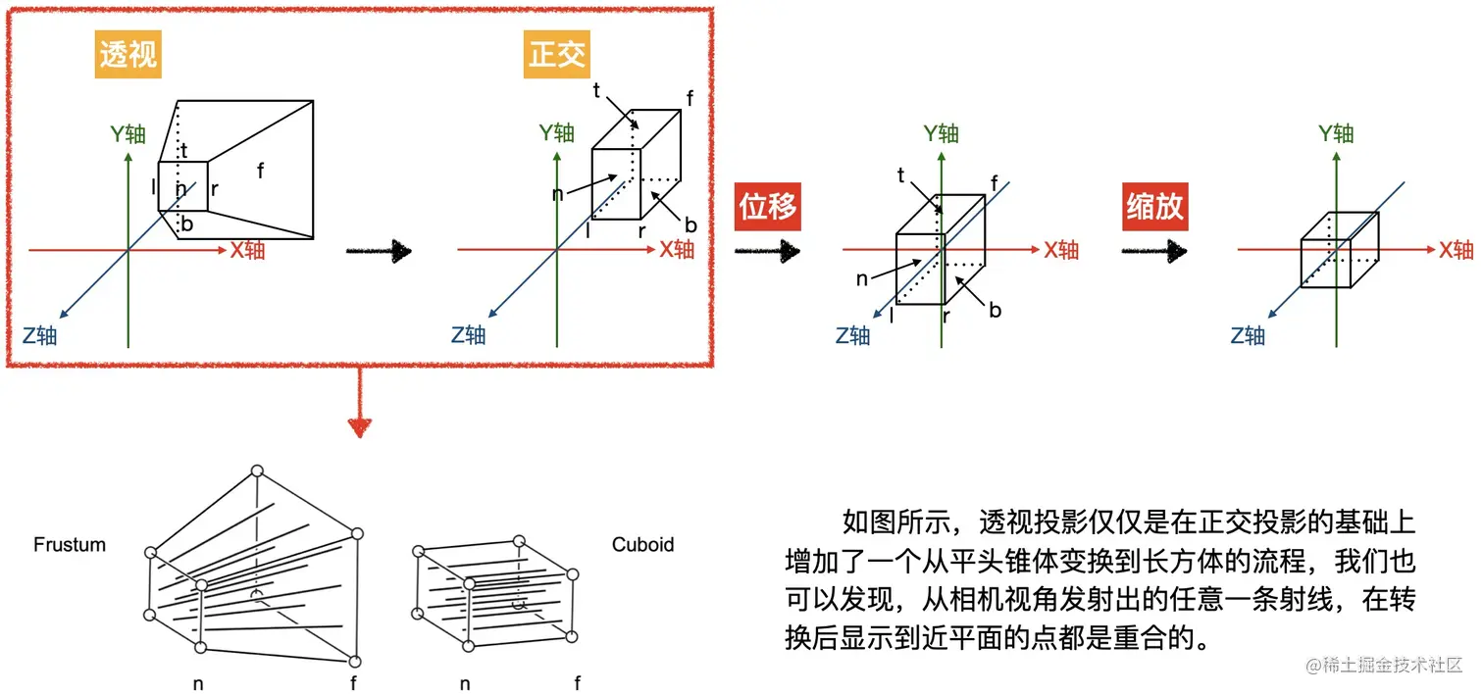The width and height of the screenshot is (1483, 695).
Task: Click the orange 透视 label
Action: pos(128,56)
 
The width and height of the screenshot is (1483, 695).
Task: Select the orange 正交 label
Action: pos(556,56)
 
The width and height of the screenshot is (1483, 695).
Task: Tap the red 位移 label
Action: pos(768,208)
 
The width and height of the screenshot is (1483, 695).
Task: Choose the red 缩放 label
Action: pos(1154,208)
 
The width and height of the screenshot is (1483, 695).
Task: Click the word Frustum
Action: pos(69,545)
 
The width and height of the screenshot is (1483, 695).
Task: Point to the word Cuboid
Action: pos(642,545)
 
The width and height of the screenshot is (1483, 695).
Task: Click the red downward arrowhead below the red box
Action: pos(360,426)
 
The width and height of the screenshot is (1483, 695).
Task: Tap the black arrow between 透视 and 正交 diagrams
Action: pos(378,251)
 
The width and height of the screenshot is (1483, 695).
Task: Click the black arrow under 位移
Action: pos(768,252)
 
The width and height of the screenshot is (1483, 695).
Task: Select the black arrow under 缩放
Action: pos(1154,252)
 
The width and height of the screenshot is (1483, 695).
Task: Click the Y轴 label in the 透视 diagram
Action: pos(128,134)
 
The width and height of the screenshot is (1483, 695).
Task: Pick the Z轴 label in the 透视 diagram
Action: pos(39,336)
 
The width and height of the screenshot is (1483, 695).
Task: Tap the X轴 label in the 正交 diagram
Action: pos(676,249)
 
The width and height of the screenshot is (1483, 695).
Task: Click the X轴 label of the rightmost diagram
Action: pos(1456,249)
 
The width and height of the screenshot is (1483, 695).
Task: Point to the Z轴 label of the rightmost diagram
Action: pos(1248,336)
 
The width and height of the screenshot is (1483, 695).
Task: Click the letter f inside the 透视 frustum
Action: pos(260,170)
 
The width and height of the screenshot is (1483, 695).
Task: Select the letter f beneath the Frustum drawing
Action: pos(353,683)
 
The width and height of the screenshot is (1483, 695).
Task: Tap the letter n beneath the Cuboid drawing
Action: pos(465,683)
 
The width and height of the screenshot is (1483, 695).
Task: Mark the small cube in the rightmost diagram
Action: pos(1339,250)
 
